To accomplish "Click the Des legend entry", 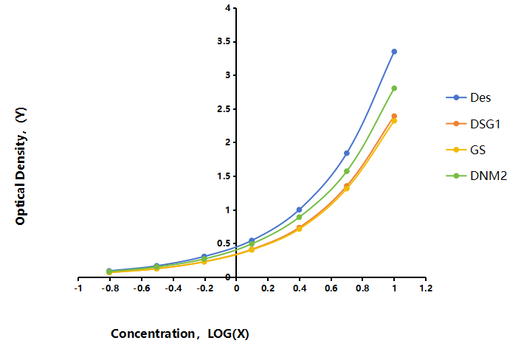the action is (x=469, y=97).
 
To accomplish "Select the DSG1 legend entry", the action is (x=473, y=124).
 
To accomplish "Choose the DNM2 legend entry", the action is (x=477, y=176).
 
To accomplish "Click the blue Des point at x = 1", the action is (x=394, y=52).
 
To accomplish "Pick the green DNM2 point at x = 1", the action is (x=394, y=89).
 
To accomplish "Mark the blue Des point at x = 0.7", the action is (x=347, y=153).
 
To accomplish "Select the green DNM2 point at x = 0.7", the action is (x=347, y=171).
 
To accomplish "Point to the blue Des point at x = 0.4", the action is (x=299, y=210).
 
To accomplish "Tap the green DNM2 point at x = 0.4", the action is (x=299, y=217).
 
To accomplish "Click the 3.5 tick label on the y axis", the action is (x=224, y=41).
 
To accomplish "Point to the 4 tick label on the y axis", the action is (x=227, y=8).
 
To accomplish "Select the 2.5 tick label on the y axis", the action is (x=224, y=109).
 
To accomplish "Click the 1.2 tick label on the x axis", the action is (x=426, y=288).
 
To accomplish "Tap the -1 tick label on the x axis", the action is (x=78, y=288).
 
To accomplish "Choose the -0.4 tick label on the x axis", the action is (x=173, y=288).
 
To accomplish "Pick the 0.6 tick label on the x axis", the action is (x=331, y=288).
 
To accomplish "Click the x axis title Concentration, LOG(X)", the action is (x=180, y=333).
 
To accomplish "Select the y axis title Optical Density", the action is (x=21, y=166).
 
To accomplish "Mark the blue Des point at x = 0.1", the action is (x=252, y=240).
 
